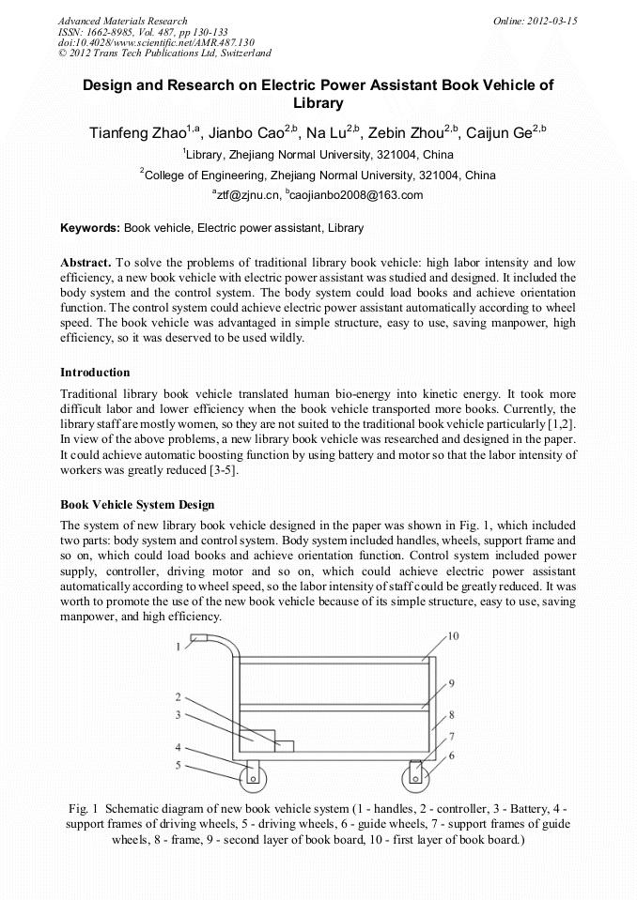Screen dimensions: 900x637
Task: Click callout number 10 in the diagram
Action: point(453,636)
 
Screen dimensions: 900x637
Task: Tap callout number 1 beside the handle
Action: point(177,647)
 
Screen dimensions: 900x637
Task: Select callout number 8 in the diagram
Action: point(452,714)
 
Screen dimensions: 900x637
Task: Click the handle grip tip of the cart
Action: point(197,639)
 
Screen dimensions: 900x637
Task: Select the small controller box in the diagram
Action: point(284,746)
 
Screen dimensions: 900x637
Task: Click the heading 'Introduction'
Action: point(95,373)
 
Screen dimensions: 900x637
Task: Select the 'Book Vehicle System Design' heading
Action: point(137,505)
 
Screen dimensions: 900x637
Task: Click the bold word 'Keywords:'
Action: point(90,228)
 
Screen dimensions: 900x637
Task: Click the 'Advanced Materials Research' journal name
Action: point(122,21)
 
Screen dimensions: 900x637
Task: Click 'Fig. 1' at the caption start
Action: point(85,808)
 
